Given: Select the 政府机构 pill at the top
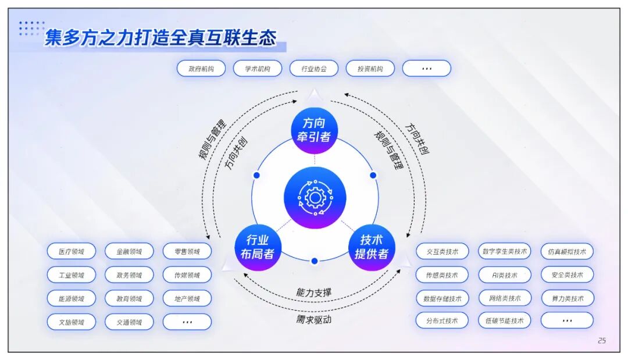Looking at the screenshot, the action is click(201, 69).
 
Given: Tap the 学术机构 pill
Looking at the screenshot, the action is click(257, 69).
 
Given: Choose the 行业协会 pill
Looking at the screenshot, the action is click(313, 69).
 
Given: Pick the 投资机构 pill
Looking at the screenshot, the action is click(370, 69).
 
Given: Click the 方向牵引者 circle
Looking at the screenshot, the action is click(315, 130).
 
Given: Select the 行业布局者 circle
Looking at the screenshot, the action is click(258, 247).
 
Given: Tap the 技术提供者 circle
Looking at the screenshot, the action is click(372, 247).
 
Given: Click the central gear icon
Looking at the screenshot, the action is click(315, 198).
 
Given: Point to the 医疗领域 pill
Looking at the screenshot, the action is click(72, 252).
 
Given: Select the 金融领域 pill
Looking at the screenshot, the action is click(129, 252).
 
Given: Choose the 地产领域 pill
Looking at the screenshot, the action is click(187, 298).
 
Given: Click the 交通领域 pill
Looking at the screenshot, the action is click(129, 322).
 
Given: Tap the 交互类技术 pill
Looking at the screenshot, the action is click(442, 252).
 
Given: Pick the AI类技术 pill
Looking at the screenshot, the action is click(504, 275).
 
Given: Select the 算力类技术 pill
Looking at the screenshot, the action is click(567, 298).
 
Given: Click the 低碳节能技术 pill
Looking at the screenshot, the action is click(504, 320).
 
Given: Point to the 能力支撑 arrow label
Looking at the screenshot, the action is click(314, 292).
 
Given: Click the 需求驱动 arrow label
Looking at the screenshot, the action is click(314, 319).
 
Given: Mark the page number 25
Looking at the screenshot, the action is click(601, 340).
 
